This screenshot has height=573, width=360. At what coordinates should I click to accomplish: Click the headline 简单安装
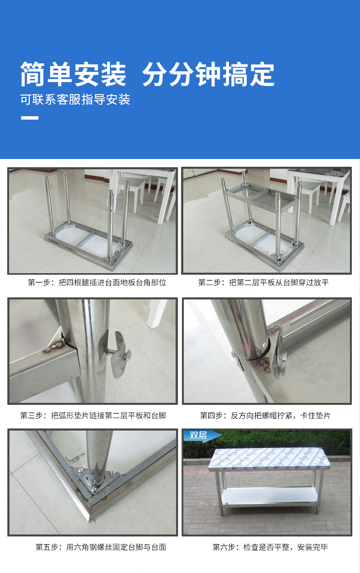[73, 74]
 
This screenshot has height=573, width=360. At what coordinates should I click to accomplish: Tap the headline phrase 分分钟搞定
[208, 74]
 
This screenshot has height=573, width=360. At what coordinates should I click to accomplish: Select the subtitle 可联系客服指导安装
[75, 99]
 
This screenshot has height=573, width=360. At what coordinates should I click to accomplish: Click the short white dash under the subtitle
[30, 118]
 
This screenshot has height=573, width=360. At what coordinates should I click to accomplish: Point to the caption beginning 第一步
[97, 282]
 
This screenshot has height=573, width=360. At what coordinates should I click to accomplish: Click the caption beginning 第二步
[263, 282]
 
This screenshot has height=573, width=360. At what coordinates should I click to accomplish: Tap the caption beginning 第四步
[265, 415]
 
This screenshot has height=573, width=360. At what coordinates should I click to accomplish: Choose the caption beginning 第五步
[101, 547]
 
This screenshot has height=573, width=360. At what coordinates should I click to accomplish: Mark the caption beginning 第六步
[270, 547]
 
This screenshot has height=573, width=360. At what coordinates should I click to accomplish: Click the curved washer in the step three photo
[119, 354]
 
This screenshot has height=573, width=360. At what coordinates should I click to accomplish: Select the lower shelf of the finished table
[269, 496]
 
